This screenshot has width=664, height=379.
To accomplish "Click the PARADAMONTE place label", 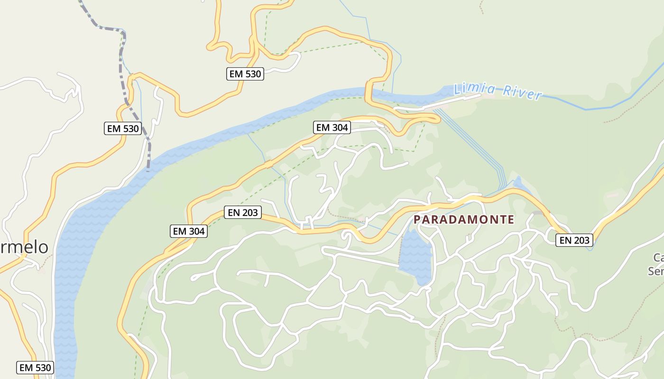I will (464, 219).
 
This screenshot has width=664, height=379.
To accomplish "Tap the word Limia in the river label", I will (475, 89).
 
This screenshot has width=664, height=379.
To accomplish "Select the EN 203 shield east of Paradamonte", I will (574, 240).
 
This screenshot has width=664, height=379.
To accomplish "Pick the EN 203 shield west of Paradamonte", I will (243, 212).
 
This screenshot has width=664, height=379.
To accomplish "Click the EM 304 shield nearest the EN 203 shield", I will (189, 231).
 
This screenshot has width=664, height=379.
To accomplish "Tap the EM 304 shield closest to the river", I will (332, 127).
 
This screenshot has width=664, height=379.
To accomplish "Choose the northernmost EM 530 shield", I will (245, 73).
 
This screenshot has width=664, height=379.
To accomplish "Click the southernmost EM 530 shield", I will (35, 367).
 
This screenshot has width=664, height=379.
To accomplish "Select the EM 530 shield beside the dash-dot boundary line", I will (123, 128).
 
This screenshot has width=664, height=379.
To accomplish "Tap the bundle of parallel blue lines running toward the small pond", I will (474, 142).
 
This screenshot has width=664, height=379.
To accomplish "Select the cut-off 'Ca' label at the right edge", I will (658, 258).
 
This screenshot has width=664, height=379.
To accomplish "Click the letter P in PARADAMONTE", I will (417, 219).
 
